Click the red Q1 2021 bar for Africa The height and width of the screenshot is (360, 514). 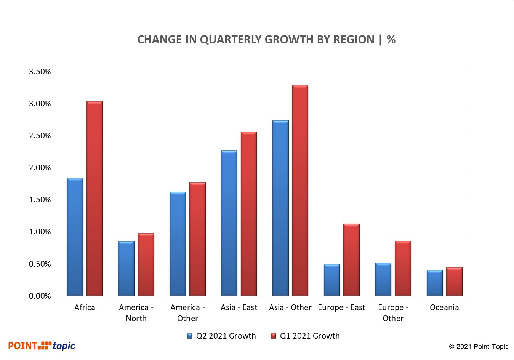point(94,198)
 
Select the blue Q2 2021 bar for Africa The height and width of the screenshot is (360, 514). point(75,237)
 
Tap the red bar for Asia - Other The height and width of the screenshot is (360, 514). point(300,190)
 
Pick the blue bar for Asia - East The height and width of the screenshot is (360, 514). point(229,223)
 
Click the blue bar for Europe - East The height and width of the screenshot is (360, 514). point(332,280)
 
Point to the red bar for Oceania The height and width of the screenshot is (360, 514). point(454,282)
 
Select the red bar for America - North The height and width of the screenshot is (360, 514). point(146,264)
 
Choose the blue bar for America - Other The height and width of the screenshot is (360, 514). point(178,243)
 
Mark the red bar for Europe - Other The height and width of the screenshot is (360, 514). point(403,268)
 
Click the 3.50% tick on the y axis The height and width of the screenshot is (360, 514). point(40,72)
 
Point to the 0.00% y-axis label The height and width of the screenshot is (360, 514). point(40,296)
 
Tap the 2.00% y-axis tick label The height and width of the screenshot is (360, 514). point(40,168)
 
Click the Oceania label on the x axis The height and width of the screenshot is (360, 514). point(444,307)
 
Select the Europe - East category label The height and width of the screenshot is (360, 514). point(341,307)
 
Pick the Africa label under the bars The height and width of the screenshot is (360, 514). point(85,307)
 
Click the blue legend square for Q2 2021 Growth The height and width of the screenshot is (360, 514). point(190,336)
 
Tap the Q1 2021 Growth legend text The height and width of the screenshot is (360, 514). point(310,336)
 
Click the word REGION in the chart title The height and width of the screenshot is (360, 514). point(354,40)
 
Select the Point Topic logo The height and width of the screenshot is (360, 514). point(42,346)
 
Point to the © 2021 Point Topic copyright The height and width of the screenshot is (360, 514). point(479,347)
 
